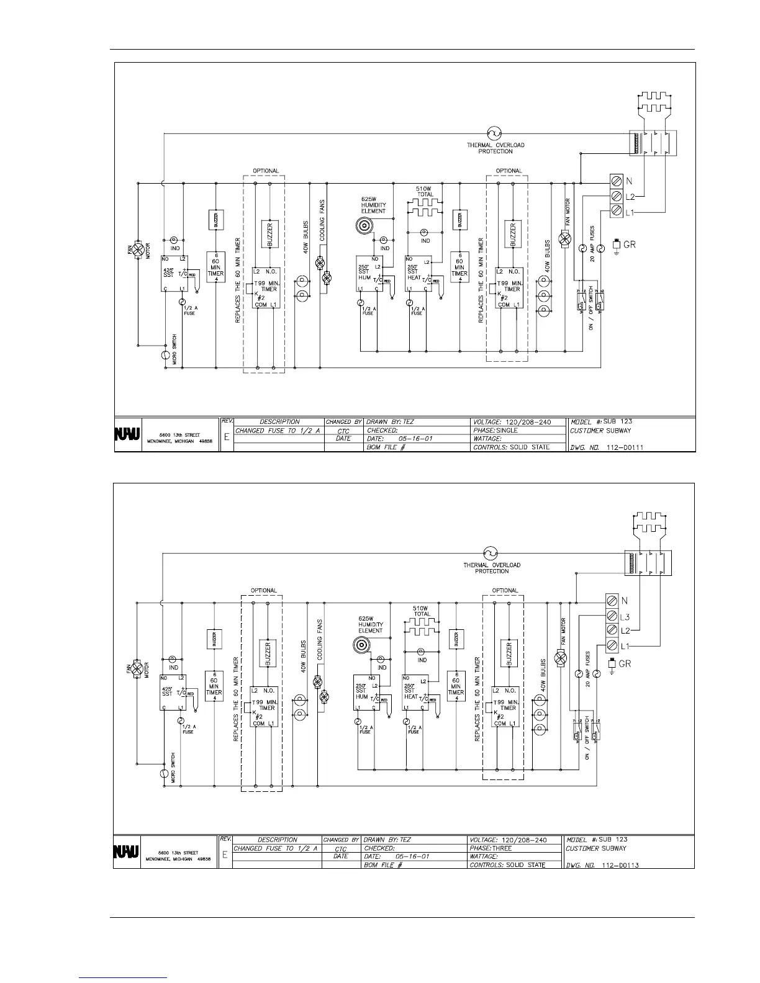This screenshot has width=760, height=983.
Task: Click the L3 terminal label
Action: click(626, 617)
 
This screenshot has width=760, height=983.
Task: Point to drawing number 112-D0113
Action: click(621, 864)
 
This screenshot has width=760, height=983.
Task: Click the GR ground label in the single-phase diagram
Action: click(629, 245)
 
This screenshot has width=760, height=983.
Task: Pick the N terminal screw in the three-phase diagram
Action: click(612, 601)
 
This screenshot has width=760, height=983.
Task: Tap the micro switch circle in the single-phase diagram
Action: click(166, 356)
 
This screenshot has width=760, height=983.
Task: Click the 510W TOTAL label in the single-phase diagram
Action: click(425, 191)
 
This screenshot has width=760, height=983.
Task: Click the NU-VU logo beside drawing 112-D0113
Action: click(125, 851)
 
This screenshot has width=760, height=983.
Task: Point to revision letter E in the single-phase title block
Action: click(227, 437)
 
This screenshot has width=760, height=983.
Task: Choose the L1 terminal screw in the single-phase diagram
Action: click(615, 212)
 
